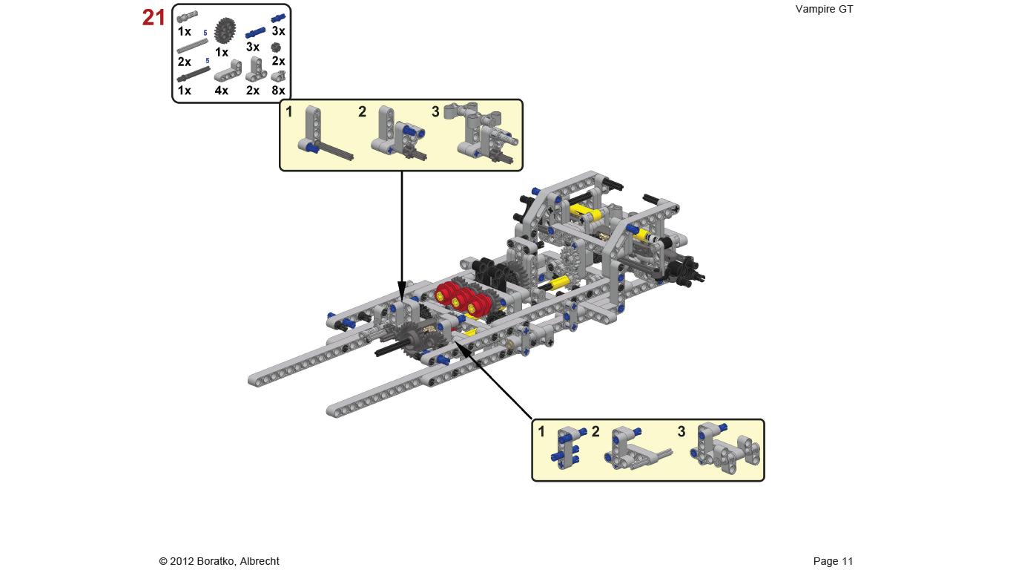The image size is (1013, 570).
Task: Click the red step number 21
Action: pos(154,18)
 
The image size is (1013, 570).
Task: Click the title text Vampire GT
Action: pos(824,9)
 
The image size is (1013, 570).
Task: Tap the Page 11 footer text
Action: pos(833,561)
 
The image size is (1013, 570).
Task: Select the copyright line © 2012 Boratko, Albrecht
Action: pos(220,561)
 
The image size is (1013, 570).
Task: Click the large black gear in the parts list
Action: pos(225,30)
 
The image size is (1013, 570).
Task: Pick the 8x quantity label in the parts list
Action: pos(278,90)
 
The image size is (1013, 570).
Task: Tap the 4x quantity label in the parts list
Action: pos(221,90)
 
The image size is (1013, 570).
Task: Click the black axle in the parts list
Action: pos(194,74)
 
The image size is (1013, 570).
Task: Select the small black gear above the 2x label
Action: pos(276,47)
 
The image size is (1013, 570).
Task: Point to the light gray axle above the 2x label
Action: pos(192,46)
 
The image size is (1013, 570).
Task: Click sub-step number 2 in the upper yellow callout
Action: pos(362,112)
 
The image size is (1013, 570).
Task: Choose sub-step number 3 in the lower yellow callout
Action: pos(682,431)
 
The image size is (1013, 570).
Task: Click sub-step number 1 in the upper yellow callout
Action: pos(289,111)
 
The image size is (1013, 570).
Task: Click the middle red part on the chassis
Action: pos(461,298)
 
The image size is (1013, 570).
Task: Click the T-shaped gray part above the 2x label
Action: pos(257,69)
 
